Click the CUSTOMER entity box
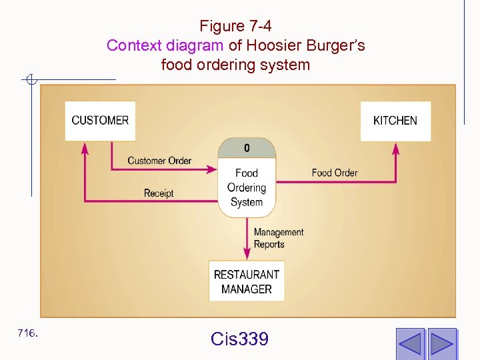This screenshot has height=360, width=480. (x=100, y=121)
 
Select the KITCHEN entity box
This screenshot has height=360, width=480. (x=395, y=121)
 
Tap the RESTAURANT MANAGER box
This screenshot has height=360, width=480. (x=247, y=281)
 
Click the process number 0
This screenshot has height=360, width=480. (x=247, y=147)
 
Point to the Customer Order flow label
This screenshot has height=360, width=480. (x=159, y=160)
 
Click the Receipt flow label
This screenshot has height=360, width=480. (x=159, y=193)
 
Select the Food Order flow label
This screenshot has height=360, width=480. (x=335, y=173)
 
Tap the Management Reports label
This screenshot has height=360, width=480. (x=279, y=238)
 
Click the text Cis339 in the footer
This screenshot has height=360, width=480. (x=239, y=339)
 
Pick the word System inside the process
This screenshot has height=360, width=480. (x=247, y=203)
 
